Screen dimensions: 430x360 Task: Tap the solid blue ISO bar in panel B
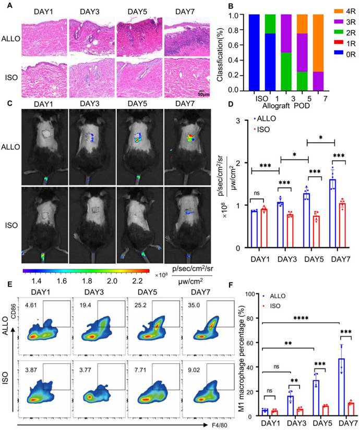[x=254, y=53]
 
